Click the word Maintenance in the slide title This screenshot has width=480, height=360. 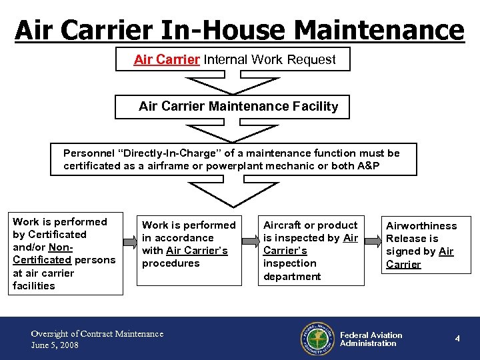[377, 30]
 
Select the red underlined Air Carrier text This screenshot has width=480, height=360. [167, 59]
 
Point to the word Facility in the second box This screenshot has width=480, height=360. [315, 106]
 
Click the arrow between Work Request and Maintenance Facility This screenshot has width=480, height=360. [232, 85]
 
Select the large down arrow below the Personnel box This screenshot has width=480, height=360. [232, 194]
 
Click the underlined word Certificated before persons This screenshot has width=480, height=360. [42, 260]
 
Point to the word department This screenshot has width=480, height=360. [292, 276]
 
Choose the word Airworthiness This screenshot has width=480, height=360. [421, 226]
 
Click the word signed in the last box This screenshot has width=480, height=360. [402, 251]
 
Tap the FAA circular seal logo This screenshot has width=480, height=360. [317, 339]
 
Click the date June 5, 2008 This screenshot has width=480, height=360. [55, 345]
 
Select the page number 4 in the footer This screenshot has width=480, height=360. [457, 339]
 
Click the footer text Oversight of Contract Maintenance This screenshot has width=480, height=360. [97, 333]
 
